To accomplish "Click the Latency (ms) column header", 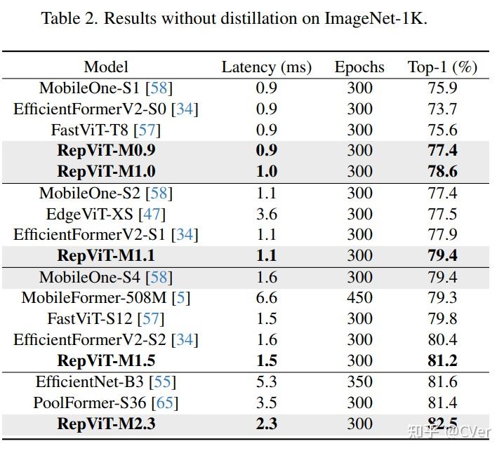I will tap(266, 67).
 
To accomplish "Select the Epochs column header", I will tap(359, 67).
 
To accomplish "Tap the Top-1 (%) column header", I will tap(442, 67).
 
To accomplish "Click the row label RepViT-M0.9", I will tap(106, 150).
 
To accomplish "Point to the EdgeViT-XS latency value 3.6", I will tap(267, 214).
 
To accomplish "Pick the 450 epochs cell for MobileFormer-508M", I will tap(359, 297).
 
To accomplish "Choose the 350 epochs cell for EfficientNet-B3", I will tap(359, 381).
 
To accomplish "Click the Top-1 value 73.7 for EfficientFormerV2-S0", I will tap(442, 109).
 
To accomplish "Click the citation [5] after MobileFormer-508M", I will tap(181, 297).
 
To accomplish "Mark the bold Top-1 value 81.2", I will tap(442, 360).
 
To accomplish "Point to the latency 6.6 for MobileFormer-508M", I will tap(267, 297).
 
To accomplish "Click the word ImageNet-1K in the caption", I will tap(375, 18).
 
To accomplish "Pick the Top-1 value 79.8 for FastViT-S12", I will tap(442, 318).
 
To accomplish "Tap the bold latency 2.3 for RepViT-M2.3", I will tap(267, 424).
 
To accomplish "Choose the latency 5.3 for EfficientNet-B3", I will tap(267, 381).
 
